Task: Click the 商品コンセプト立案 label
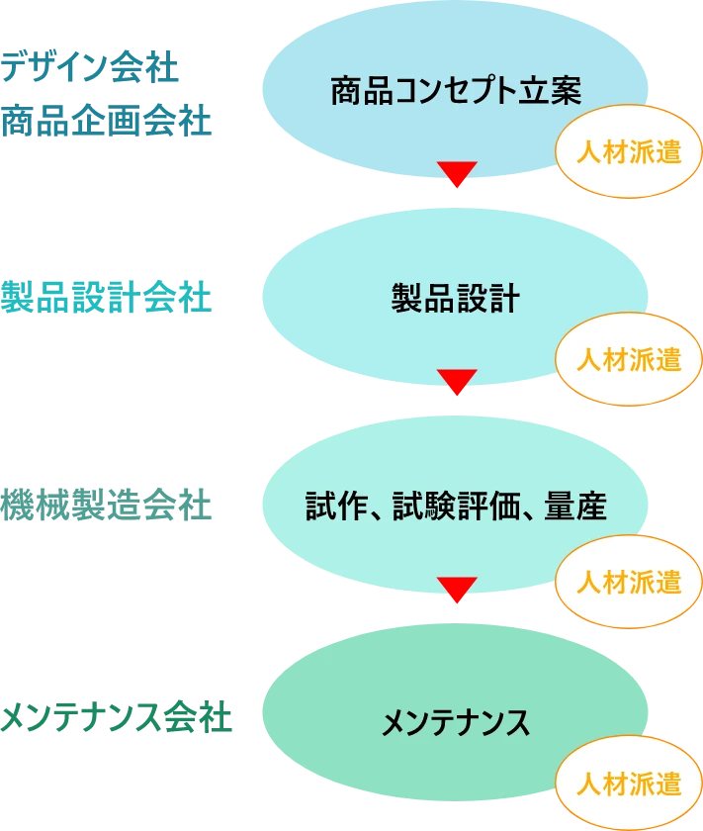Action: pyautogui.click(x=455, y=90)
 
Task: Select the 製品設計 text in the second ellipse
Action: pyautogui.click(x=455, y=299)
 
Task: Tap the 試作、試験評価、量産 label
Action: pyautogui.click(x=455, y=508)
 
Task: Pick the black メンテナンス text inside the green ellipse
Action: pyautogui.click(x=455, y=723)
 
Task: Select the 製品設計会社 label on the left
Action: pyautogui.click(x=106, y=298)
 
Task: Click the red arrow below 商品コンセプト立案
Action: pyautogui.click(x=456, y=174)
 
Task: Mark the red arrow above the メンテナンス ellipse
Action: pyautogui.click(x=456, y=591)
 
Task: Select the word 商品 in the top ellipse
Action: pyautogui.click(x=355, y=90)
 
